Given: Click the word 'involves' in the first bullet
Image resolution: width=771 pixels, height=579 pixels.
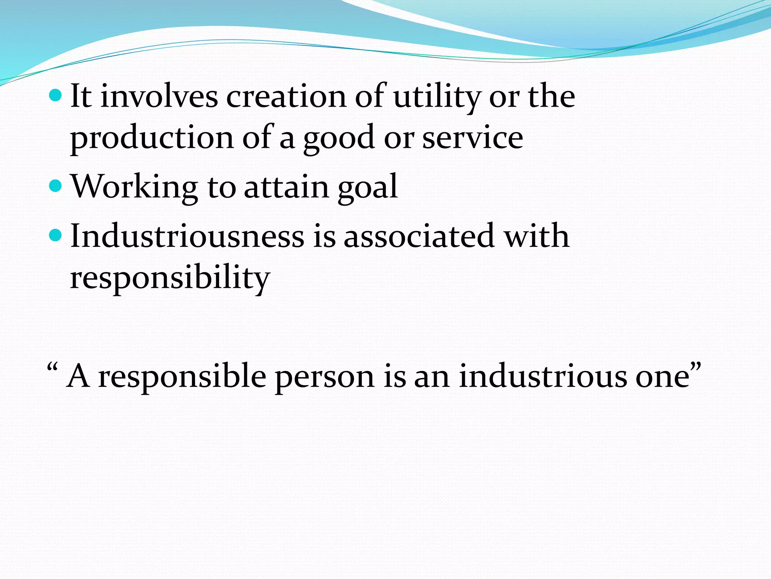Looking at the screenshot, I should [x=159, y=96].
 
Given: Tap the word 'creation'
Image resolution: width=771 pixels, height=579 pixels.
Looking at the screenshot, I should [x=286, y=96].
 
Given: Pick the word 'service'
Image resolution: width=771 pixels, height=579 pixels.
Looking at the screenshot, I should [x=472, y=138].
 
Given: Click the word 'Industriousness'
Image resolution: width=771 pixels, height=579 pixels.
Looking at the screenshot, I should [x=187, y=236].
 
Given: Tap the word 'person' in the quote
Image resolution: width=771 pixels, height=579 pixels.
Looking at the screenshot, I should [x=325, y=377].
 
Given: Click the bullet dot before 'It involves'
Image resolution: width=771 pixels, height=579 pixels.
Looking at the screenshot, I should [x=55, y=96].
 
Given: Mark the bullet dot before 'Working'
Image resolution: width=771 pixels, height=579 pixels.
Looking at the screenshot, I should [x=55, y=185].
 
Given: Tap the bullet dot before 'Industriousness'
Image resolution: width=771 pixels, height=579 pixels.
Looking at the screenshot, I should [x=55, y=235].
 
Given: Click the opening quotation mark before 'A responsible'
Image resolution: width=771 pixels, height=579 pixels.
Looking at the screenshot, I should [x=52, y=367].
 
